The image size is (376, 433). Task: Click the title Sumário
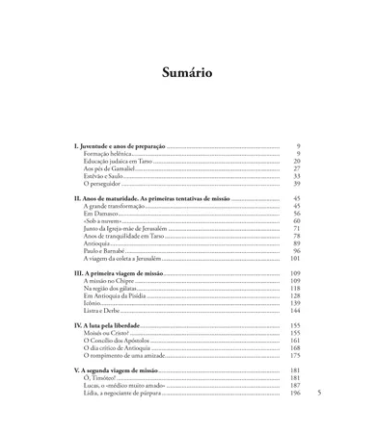pyautogui.click(x=187, y=73)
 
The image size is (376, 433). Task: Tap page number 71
pyautogui.click(x=297, y=228)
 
